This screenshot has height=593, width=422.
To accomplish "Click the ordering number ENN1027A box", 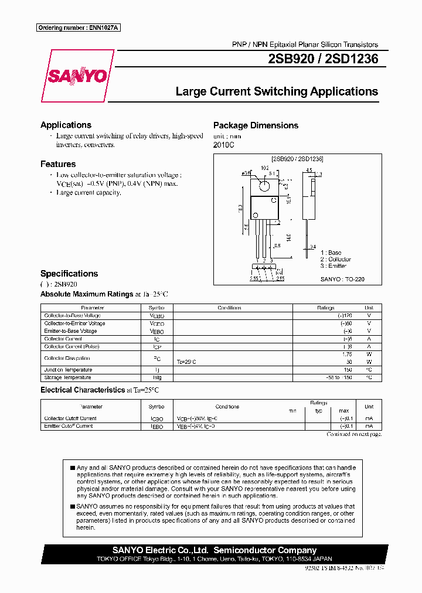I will click(78, 28).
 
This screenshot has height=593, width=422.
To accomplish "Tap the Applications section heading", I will click(66, 125).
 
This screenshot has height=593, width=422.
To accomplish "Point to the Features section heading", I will click(58, 164).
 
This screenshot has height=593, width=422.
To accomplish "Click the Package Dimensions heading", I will click(256, 125).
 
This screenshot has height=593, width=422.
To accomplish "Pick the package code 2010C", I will click(223, 145).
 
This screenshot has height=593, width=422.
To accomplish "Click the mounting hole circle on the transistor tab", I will click(264, 185).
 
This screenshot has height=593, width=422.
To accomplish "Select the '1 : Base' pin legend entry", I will click(331, 253).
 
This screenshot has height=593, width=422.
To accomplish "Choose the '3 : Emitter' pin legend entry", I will click(333, 266).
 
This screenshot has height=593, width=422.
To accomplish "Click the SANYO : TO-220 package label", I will click(342, 279).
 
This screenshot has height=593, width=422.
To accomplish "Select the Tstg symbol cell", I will click(156, 377).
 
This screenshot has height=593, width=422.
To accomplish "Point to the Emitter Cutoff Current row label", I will click(69, 426).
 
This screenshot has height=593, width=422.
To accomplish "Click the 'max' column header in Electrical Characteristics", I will click(344, 411).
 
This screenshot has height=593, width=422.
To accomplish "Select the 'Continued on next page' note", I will click(354, 434).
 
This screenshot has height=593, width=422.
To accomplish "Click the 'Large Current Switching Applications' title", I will click(277, 91).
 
